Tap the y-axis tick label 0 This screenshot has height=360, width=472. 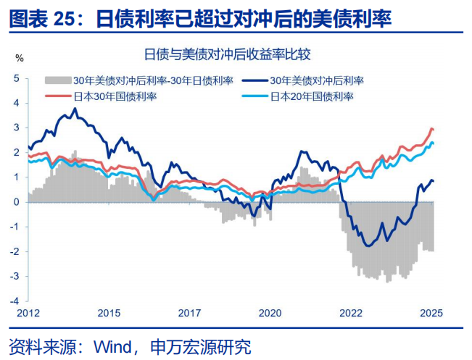pos(17,201)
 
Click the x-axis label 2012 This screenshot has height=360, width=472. pos(28,313)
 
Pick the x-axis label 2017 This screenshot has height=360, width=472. pos(189,313)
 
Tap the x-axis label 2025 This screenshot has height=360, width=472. pos(431,313)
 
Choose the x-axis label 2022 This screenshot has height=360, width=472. pos(351,313)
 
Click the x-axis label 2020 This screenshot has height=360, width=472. pos(270,313)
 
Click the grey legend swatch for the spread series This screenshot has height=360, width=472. pos(58,80)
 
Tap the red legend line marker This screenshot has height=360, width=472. pos(58,96)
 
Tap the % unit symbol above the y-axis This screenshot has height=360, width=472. pos(20,57)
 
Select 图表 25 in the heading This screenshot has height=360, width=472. pos(44,18)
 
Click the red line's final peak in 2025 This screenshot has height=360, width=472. pos(431,129)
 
